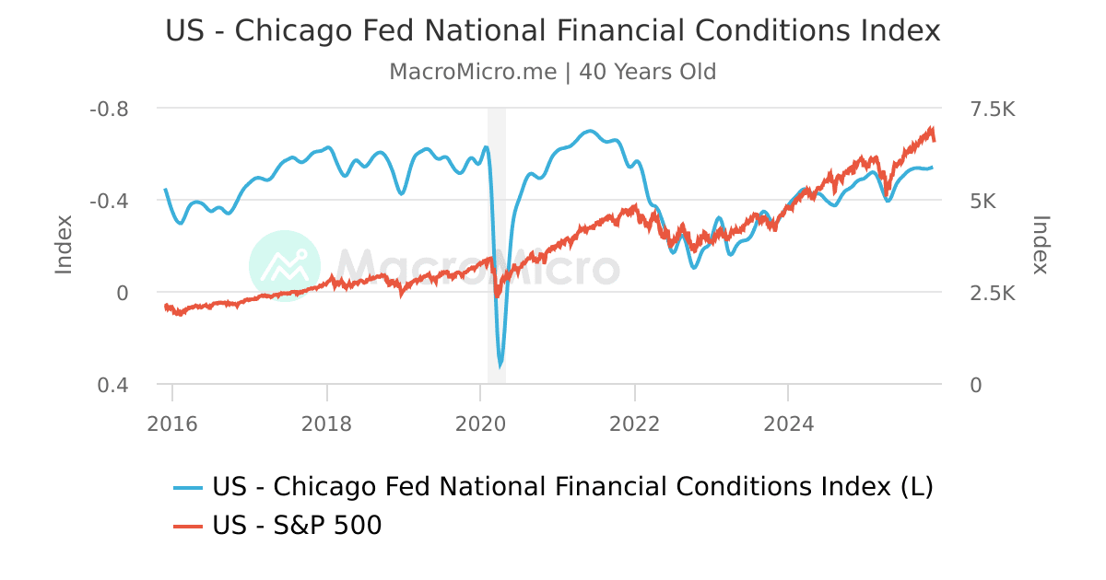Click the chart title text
pyautogui.click(x=553, y=30)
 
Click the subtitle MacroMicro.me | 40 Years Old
pyautogui.click(x=553, y=72)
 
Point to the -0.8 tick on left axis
pyautogui.click(x=109, y=109)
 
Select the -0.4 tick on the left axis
pyautogui.click(x=109, y=201)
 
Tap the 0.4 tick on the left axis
pyautogui.click(x=112, y=385)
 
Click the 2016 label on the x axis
pyautogui.click(x=172, y=423)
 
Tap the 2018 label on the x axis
pyautogui.click(x=326, y=423)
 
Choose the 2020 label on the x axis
pyautogui.click(x=480, y=423)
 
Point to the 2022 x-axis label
pyautogui.click(x=635, y=423)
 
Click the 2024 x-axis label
pyautogui.click(x=788, y=423)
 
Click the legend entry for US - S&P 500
pyautogui.click(x=297, y=526)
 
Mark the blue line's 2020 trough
pyautogui.click(x=500, y=365)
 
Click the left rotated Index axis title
pyautogui.click(x=64, y=244)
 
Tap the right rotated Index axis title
pyautogui.click(x=1041, y=244)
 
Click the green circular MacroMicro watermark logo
pyautogui.click(x=285, y=266)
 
